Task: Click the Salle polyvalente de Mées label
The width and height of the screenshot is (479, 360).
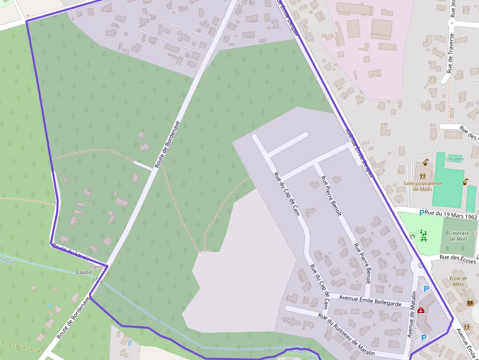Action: coord(422,186)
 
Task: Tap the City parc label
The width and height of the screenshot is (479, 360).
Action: coord(455,159)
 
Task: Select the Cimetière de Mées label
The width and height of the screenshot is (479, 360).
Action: coord(458,236)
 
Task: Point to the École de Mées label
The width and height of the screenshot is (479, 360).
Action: coord(458,281)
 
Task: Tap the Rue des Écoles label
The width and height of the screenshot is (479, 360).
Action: coord(457,258)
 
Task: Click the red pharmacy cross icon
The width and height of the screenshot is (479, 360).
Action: coord(421,310)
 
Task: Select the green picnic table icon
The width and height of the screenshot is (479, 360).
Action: coord(424,236)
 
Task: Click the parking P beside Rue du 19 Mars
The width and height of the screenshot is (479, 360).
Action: coord(421,213)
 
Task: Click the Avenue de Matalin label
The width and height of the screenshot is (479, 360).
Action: coord(412,314)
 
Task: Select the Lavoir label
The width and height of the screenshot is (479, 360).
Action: coord(84,272)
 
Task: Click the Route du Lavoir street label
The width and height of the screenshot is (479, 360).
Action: coord(70,252)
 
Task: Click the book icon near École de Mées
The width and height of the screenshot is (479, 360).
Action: coord(470,303)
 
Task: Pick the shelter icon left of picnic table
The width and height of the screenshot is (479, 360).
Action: coord(412,236)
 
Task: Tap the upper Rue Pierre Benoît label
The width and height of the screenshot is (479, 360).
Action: coord(331,195)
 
